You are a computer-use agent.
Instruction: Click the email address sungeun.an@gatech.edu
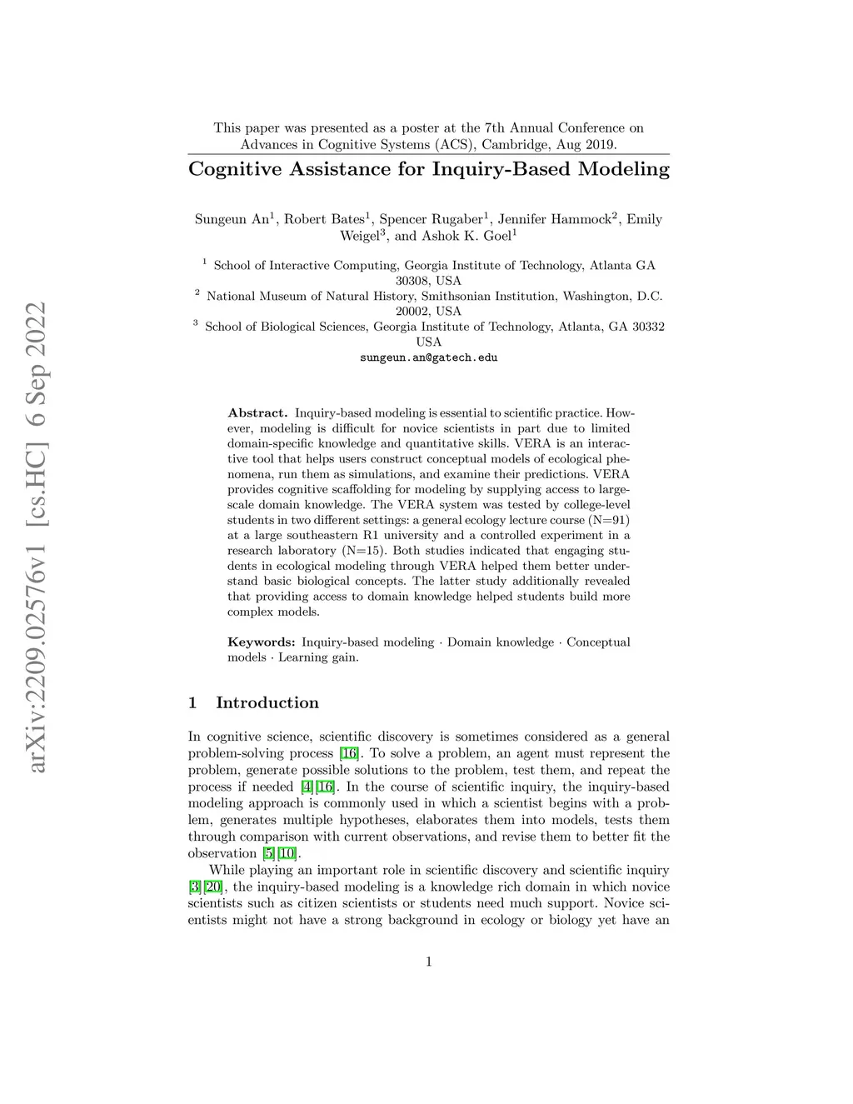[428, 357]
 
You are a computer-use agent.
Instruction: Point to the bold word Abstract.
[257, 412]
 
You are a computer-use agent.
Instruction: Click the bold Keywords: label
[262, 642]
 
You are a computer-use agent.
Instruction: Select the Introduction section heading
[267, 702]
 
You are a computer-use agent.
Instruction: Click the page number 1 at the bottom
[428, 962]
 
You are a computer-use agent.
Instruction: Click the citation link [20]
[214, 887]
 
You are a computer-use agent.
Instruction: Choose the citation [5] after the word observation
[268, 853]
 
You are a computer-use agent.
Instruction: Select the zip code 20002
[412, 312]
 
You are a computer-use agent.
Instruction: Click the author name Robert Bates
[324, 219]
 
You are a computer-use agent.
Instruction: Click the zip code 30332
[646, 327]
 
